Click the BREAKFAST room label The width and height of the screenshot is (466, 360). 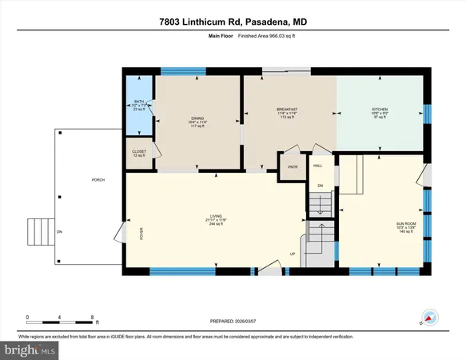287,109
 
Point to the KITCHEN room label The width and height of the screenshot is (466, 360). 380,109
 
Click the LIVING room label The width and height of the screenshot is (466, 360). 216,216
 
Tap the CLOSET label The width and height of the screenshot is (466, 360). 139,151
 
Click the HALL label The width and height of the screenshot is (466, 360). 317,166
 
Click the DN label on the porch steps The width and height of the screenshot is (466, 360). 59,233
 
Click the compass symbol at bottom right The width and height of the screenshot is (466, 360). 428,316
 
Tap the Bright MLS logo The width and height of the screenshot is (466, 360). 30,350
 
